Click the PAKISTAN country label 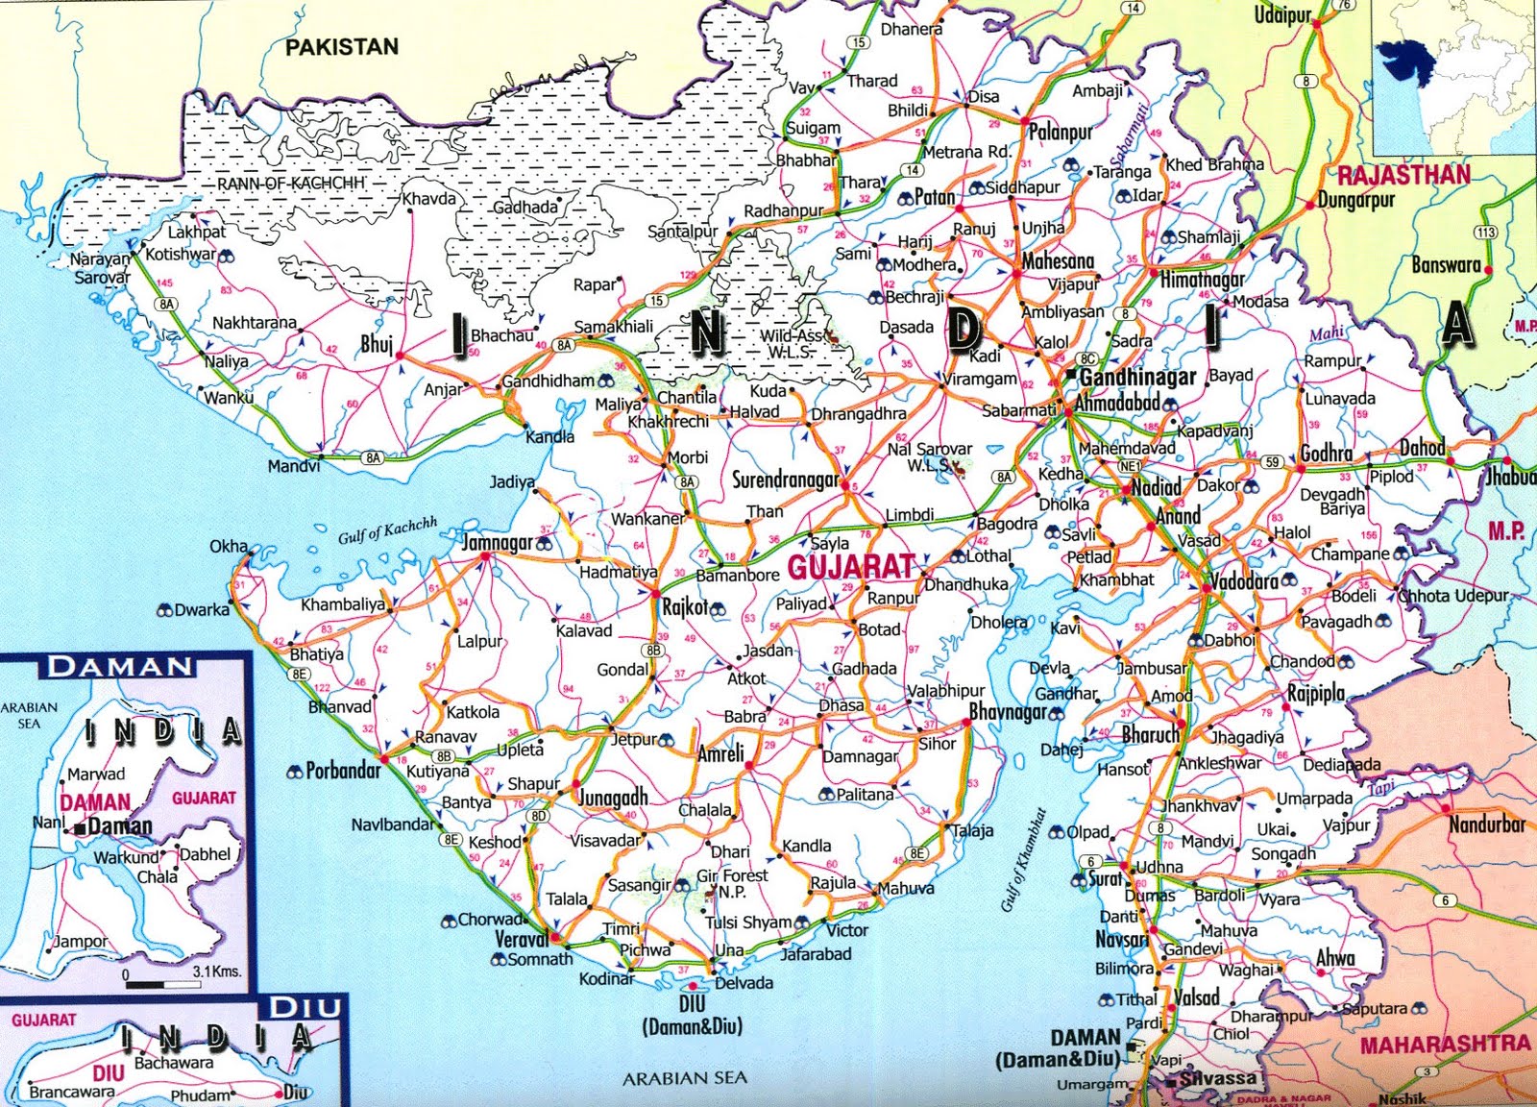click(x=342, y=47)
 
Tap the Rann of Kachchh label click(x=290, y=183)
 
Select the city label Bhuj click(x=377, y=343)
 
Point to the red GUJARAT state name click(x=850, y=566)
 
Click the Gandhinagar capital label click(x=1137, y=377)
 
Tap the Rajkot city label click(x=685, y=606)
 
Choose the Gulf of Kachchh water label click(x=386, y=529)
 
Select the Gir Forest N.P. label click(x=732, y=883)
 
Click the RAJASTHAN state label click(x=1403, y=175)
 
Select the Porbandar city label click(x=343, y=771)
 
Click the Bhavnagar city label click(x=1007, y=712)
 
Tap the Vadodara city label click(x=1243, y=581)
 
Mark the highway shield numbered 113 click(x=1485, y=233)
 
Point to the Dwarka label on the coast click(x=202, y=609)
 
